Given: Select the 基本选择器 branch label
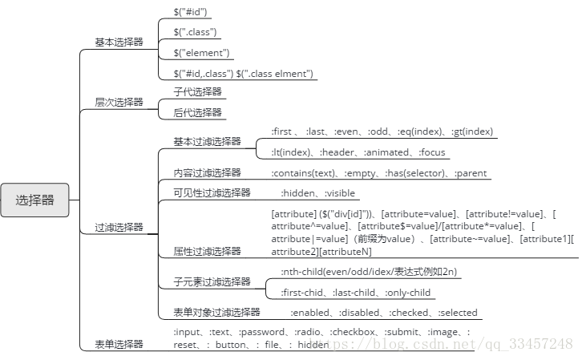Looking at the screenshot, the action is click(119, 42).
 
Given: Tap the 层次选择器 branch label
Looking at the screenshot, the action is click(119, 102).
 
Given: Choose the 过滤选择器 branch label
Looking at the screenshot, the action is click(119, 227).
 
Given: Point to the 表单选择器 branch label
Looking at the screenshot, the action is click(119, 344).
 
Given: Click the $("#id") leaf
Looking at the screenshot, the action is click(192, 12).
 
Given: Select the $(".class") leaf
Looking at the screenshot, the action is click(196, 32).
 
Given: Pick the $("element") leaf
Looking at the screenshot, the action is click(202, 52).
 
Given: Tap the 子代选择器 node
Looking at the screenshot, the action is click(197, 92).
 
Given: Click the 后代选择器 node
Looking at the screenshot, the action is click(197, 112).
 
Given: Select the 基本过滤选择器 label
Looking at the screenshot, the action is click(207, 141).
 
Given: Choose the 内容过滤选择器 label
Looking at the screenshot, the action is click(207, 172).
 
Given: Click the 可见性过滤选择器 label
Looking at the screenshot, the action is click(212, 192).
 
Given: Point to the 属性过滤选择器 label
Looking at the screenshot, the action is click(207, 251).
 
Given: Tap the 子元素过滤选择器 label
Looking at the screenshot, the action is click(212, 281).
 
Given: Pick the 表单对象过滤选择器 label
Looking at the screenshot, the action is click(216, 312).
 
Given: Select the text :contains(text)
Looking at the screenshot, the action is click(302, 173).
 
